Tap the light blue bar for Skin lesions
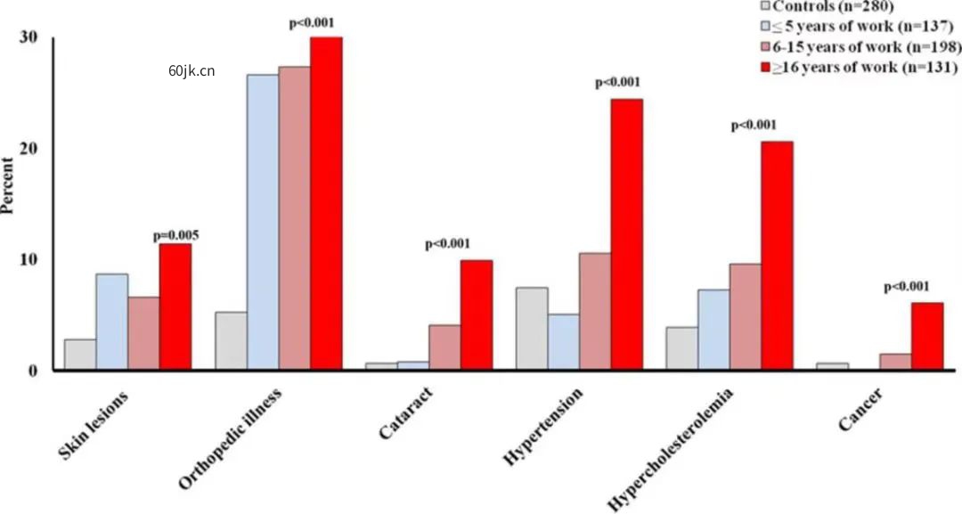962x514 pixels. click(111, 321)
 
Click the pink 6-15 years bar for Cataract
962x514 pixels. click(444, 347)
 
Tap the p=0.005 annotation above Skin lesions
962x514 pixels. click(175, 236)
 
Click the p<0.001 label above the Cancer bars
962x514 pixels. click(906, 287)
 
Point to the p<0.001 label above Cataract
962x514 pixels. click(448, 244)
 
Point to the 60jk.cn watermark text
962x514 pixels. click(191, 73)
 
